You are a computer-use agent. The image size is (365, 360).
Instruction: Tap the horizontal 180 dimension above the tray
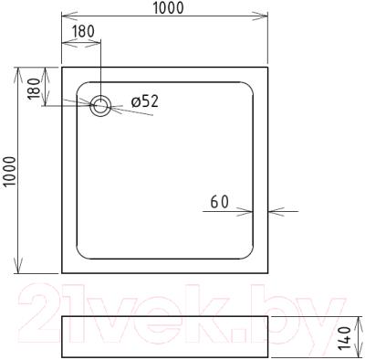coord(83,31)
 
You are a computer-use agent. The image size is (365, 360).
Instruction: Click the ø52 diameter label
coord(144,102)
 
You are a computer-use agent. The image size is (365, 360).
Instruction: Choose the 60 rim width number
coord(218,202)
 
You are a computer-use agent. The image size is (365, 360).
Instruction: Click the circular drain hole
coord(100,105)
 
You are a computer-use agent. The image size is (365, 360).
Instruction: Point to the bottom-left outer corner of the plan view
coord(61,274)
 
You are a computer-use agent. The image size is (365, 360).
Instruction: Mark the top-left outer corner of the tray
coord(61,66)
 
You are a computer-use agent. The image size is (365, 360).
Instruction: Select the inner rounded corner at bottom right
coord(250,256)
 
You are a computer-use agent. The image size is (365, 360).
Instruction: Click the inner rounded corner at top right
coord(250,84)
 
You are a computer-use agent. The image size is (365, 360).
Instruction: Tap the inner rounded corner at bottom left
coord(79,256)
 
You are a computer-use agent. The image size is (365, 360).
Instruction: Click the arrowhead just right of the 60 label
coord(249,210)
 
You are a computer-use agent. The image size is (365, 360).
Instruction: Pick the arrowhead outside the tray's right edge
coord(274,210)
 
